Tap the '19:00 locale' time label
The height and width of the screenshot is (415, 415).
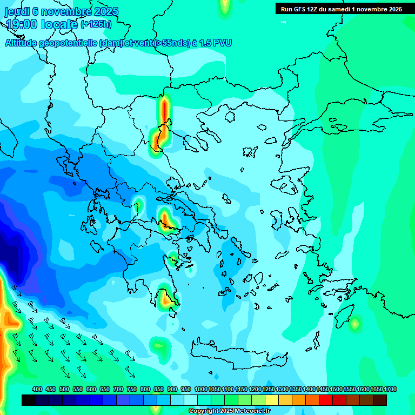coord(41,24)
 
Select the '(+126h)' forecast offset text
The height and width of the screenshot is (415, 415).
coord(96,24)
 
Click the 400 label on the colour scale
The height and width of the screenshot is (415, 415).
coord(37,390)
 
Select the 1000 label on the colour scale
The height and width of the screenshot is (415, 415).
coord(200,390)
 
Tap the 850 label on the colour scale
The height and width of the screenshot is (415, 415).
coord(159,390)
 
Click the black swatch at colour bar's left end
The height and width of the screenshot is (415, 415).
coord(29,400)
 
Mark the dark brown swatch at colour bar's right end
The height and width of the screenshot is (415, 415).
coord(380,400)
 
